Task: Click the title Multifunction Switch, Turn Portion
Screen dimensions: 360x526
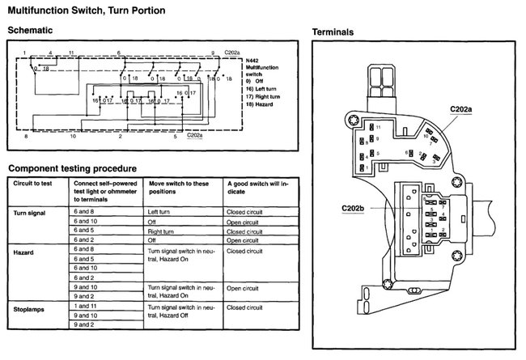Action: tap(86, 11)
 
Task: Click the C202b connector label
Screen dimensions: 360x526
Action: tap(353, 207)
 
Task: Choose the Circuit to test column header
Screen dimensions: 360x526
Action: tap(36, 184)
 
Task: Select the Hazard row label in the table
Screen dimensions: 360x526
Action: tap(25, 253)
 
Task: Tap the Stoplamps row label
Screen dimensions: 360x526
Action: tap(31, 310)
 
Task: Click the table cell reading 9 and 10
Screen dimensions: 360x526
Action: tap(85, 286)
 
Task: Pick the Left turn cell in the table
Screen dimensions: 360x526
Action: tap(161, 211)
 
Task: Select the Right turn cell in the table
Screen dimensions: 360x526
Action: tap(163, 231)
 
